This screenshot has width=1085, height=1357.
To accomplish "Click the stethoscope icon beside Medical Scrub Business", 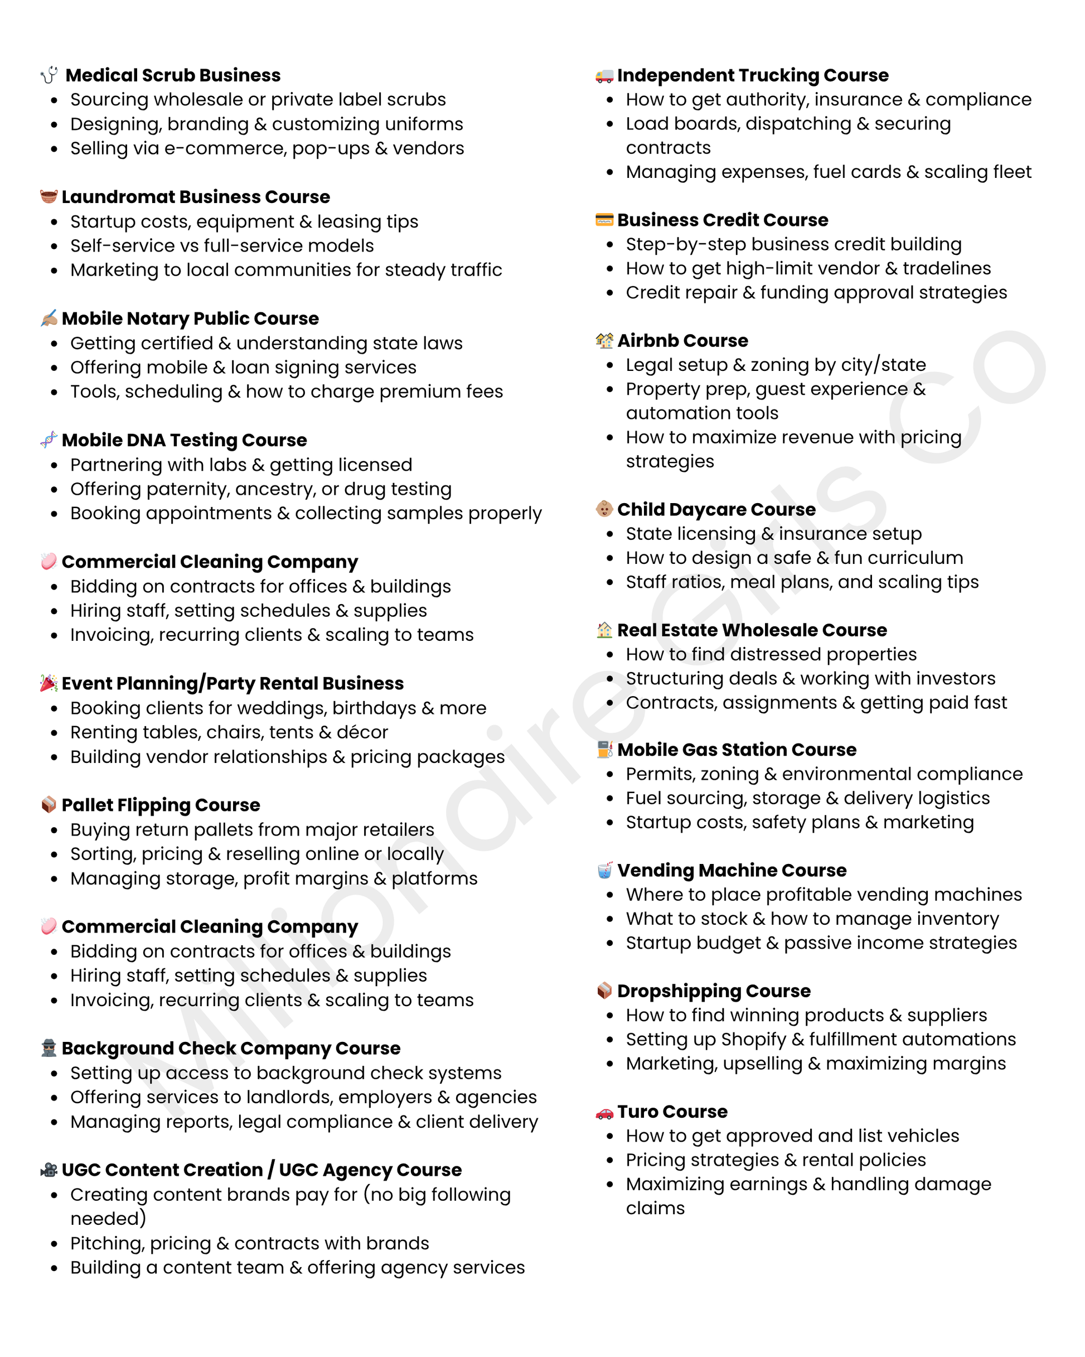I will tap(49, 75).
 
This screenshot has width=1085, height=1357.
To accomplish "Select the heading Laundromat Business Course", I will tap(195, 197).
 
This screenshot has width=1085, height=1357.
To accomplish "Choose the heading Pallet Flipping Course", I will tap(161, 805).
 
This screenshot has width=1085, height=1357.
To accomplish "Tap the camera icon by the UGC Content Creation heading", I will tap(49, 1170).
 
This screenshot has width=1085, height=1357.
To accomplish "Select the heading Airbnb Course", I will tap(682, 341).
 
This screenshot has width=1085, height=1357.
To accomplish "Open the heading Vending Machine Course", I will tap(732, 870).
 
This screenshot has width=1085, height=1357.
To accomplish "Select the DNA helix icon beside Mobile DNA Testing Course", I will tap(49, 440).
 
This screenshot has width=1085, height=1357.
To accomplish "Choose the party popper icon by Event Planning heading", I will tap(49, 683).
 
